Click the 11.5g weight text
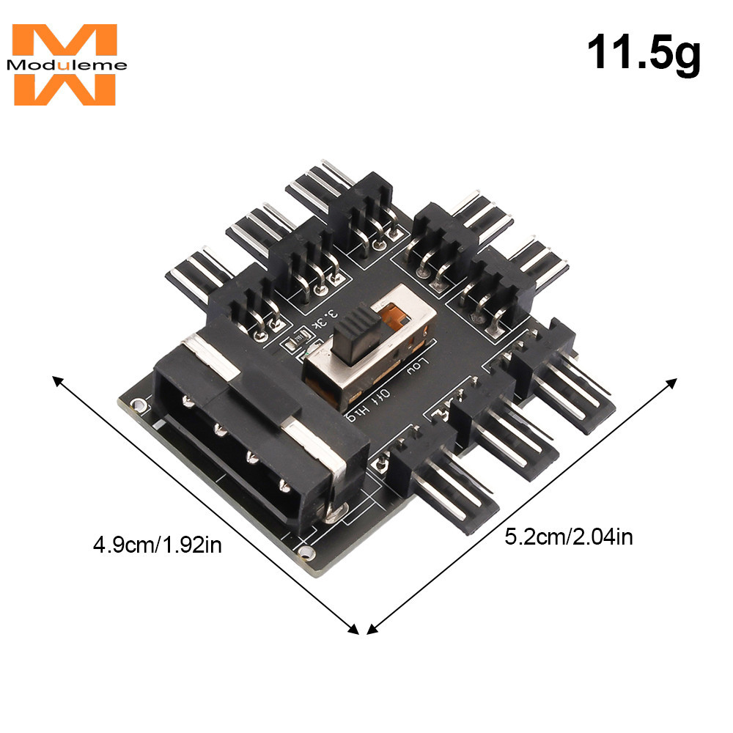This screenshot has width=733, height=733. coord(644,54)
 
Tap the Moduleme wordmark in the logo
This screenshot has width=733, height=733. coord(67,65)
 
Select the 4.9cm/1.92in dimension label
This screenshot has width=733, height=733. coord(158,545)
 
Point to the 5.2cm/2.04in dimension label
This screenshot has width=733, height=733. coord(569,537)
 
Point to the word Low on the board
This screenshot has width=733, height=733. coord(417,366)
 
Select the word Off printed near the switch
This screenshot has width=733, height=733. coord(380,394)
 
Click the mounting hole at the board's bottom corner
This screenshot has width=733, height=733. coord(306,552)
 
